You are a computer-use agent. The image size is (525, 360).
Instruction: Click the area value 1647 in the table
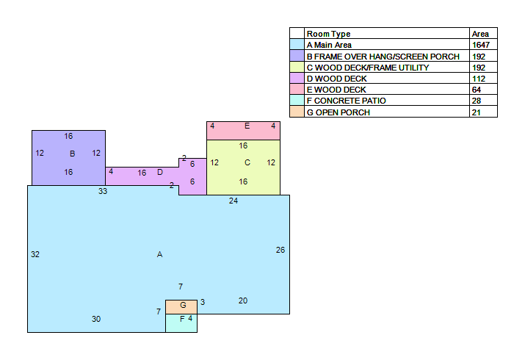point(481,45)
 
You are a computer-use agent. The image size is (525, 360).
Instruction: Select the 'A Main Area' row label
point(329,45)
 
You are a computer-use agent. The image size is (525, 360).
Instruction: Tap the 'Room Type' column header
point(328,34)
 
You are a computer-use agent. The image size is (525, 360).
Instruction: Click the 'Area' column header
point(480,34)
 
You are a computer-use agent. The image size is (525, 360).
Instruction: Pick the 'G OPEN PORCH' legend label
point(338,112)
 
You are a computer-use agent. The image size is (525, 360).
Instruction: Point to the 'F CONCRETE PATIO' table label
point(346,101)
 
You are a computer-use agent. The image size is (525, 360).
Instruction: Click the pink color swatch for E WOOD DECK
point(297,89)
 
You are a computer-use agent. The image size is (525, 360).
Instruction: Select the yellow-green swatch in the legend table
point(297,67)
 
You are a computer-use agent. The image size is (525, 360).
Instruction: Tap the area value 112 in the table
point(479,79)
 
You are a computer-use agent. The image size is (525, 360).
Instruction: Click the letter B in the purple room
point(72,154)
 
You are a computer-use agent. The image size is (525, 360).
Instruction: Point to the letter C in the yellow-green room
point(247,162)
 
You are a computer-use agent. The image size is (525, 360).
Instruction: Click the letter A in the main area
point(160,254)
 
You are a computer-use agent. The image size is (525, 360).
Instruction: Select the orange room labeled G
point(181,307)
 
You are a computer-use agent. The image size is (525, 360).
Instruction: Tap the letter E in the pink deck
point(247,126)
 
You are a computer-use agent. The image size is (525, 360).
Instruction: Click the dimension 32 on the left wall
point(35,254)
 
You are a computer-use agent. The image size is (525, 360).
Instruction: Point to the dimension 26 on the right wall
point(280,250)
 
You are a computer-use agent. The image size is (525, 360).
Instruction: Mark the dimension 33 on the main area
point(103,191)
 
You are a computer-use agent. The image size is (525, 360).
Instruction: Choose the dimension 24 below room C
point(233,201)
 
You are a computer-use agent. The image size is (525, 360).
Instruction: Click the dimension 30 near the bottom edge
point(96,319)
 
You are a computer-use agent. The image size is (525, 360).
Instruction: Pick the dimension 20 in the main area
point(243,300)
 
